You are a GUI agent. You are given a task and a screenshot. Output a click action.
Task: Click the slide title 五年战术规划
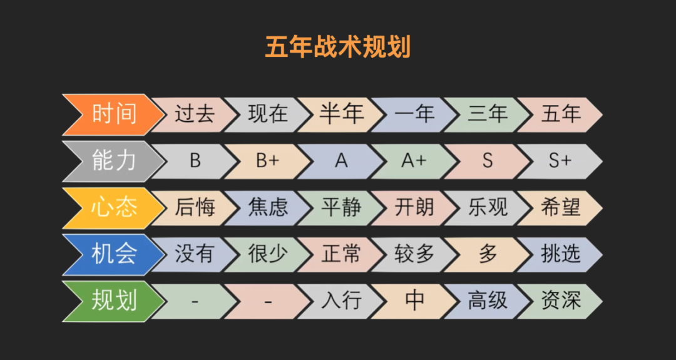tap(337, 47)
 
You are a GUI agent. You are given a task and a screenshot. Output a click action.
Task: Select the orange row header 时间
tap(113, 114)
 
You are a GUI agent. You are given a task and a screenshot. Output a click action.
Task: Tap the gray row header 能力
tap(113, 161)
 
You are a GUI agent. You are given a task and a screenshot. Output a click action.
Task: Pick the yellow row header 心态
tap(113, 207)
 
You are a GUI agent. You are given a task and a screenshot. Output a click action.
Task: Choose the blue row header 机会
tap(113, 254)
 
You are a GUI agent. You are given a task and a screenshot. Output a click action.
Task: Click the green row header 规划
tap(113, 301)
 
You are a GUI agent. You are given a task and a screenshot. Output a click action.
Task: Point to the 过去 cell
tap(194, 114)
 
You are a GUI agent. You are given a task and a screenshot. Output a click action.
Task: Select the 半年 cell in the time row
tap(341, 114)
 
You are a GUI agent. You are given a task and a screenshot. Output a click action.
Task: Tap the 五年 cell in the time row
tap(560, 114)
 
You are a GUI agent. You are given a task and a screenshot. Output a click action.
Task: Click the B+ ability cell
tap(267, 161)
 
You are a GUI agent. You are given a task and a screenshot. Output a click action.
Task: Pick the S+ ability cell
tap(560, 161)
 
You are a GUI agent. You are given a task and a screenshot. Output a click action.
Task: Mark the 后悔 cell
tap(194, 207)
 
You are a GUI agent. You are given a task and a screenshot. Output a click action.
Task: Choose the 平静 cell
tap(341, 207)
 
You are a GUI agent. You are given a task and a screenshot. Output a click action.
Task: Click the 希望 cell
tap(560, 207)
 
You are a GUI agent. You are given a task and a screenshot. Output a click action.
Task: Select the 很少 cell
tap(267, 254)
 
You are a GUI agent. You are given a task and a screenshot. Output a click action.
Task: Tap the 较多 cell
tap(414, 254)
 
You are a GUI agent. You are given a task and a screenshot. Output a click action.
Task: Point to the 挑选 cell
tap(560, 254)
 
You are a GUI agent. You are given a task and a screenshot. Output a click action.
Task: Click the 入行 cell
tap(341, 301)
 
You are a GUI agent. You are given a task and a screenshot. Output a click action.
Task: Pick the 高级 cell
tap(487, 301)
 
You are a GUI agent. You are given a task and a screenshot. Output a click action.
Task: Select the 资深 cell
tap(560, 301)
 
